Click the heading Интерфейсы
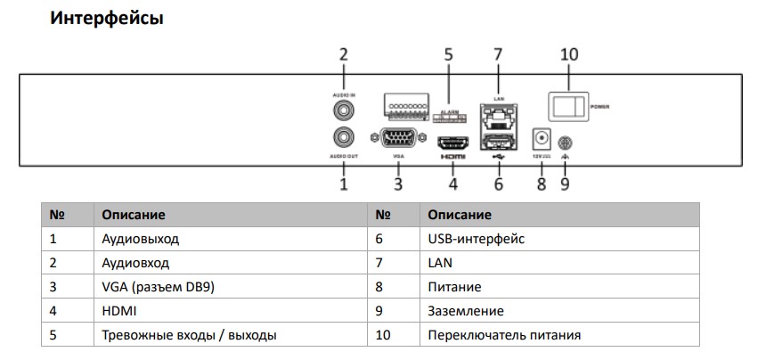107,18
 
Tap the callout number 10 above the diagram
569,54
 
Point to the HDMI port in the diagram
452,142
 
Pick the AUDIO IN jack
343,110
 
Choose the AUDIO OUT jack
343,137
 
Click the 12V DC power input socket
541,140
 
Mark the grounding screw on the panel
563,142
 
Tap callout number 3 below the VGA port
398,184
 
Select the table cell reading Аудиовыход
141,239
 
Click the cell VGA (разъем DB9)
158,287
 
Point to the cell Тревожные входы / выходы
188,335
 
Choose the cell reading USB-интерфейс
476,239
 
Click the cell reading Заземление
465,311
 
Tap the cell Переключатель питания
504,335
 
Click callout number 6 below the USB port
498,184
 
